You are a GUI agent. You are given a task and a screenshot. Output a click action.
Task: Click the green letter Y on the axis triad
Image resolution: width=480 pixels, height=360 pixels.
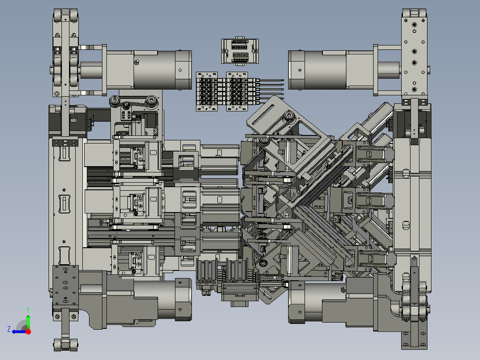coord(28,310)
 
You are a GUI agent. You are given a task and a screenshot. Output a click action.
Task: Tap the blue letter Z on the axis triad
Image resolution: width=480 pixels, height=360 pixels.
coord(9,329)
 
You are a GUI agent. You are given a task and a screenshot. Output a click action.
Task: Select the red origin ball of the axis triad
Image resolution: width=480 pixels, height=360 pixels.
coord(28,331)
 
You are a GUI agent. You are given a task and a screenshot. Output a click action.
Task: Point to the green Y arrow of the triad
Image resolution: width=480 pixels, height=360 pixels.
coord(28,321)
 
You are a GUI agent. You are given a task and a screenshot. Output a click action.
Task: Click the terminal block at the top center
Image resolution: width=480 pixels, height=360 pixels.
coord(240,51)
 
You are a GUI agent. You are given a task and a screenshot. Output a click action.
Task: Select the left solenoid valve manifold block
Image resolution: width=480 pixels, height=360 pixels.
coord(207,91)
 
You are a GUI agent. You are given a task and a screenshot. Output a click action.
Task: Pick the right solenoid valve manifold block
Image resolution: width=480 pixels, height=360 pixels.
coord(237,91)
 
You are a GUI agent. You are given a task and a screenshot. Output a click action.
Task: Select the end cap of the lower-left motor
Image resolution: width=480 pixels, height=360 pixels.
coord(183,300)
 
